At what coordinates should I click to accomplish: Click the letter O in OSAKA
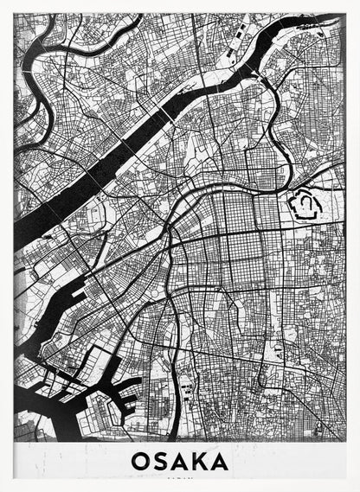coord(141,461)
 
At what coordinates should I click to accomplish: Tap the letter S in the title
coord(161,461)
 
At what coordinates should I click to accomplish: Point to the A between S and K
coord(179,461)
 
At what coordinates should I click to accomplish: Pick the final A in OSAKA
coord(219,461)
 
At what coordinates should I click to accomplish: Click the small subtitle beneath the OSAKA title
coord(180,478)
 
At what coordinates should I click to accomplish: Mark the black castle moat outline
coord(304,205)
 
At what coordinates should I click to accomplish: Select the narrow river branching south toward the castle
coord(275,130)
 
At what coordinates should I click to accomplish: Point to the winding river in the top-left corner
coord(35,65)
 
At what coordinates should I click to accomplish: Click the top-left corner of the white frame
coord(3,3)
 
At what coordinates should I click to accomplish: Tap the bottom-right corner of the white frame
coord(357,489)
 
